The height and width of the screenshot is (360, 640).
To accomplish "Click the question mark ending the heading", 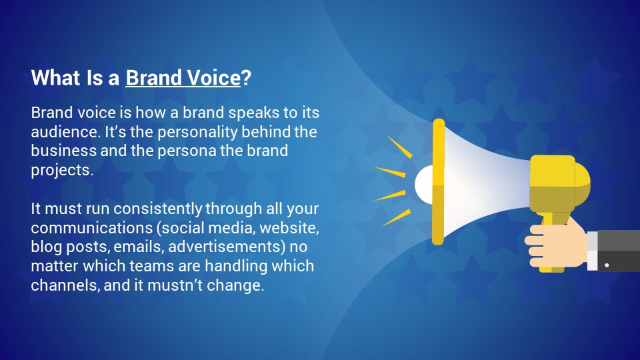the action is (x=246, y=77).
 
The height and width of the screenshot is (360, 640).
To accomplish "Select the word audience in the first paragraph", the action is (x=66, y=132).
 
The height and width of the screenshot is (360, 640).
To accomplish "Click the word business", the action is (x=64, y=151).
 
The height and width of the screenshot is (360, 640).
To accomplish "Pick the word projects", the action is (x=62, y=170).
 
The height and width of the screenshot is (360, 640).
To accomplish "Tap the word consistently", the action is (x=157, y=209).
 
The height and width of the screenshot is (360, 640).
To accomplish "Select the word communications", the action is (x=92, y=228).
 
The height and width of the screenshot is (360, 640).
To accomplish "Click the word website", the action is (x=289, y=228).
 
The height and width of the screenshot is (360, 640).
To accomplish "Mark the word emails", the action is (x=139, y=247).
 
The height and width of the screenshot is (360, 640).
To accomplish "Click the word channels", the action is (x=65, y=285).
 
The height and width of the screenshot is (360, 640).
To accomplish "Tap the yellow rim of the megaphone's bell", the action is (x=439, y=182).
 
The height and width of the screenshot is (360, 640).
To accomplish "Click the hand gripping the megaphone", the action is (x=557, y=245).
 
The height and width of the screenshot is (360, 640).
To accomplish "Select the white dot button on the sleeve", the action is (x=607, y=265).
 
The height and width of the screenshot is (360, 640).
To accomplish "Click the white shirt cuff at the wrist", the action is (x=592, y=251).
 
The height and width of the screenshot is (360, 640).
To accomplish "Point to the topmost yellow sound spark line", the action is (x=399, y=147).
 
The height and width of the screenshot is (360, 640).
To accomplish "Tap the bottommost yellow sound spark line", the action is (x=397, y=217).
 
